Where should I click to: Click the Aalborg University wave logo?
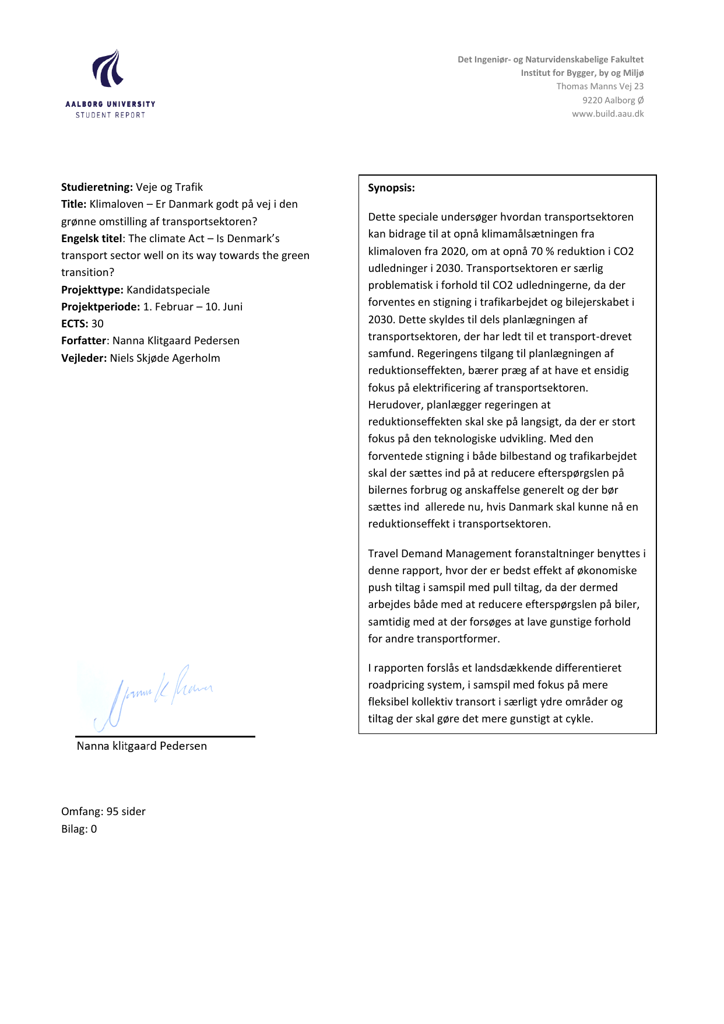coord(108,69)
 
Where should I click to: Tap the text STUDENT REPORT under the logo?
coord(110,115)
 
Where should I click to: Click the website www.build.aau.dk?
coord(607,114)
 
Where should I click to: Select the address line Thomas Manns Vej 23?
coord(600,86)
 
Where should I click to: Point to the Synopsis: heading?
coord(391,188)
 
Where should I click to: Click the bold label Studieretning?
coord(97,187)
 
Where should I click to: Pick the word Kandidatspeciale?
coord(168,290)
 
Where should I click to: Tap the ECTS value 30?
coord(97,324)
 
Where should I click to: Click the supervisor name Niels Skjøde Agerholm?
coord(165,358)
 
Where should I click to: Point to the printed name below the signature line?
coord(142,746)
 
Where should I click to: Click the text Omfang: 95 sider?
coord(103,812)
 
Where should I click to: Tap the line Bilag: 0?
coord(79,829)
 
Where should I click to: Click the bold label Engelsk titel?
coord(92,239)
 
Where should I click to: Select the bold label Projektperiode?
coord(100,307)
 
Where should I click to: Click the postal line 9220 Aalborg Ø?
coord(613,100)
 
